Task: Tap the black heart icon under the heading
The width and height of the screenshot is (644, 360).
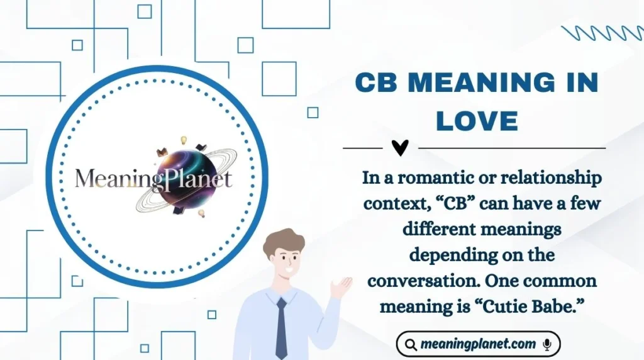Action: click(400, 148)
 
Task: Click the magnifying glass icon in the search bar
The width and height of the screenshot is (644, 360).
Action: click(411, 344)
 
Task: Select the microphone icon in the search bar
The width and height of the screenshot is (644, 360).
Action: click(547, 344)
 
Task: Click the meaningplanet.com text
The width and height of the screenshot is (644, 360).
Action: click(479, 344)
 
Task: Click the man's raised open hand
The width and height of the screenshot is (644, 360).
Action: click(341, 287)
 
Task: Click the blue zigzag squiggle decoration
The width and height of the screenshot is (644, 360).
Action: click(600, 33)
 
